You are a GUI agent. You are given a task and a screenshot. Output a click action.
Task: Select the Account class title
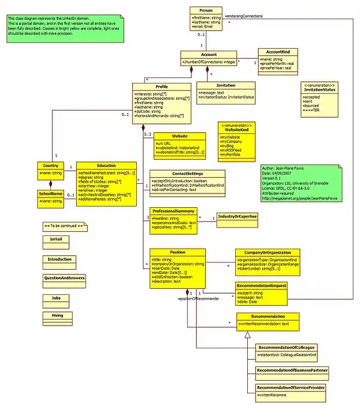[209, 54]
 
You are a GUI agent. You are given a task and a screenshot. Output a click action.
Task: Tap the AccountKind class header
[274, 53]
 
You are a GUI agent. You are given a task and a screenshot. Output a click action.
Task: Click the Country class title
[50, 165]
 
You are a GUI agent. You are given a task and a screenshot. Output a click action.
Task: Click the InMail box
[52, 239]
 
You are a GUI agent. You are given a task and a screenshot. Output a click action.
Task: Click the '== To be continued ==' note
[66, 225]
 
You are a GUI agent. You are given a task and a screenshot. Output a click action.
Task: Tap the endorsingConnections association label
[245, 16]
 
